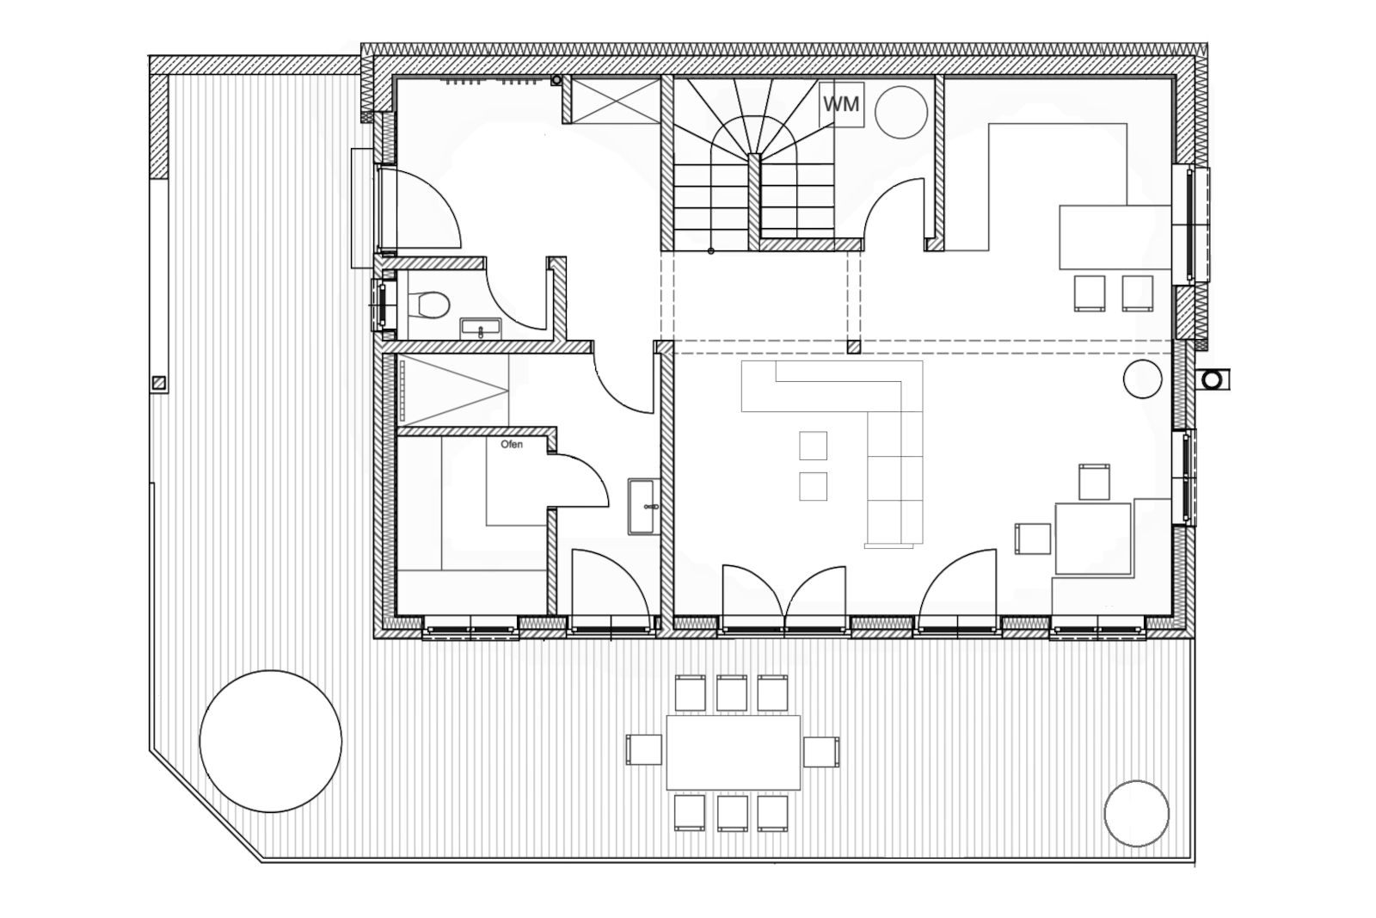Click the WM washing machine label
pyautogui.click(x=841, y=104)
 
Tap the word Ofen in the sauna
pyautogui.click(x=512, y=444)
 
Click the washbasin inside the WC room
pyautogui.click(x=481, y=329)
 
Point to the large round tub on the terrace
pyautogui.click(x=270, y=741)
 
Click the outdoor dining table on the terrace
pyautogui.click(x=734, y=752)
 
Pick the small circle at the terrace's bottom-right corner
pyautogui.click(x=1136, y=814)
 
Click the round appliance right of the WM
pyautogui.click(x=900, y=112)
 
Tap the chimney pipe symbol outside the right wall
pyautogui.click(x=1212, y=379)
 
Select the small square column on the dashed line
pyautogui.click(x=853, y=348)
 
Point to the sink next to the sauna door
pyautogui.click(x=643, y=507)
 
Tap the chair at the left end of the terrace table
pyautogui.click(x=644, y=749)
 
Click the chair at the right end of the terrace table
pyautogui.click(x=821, y=751)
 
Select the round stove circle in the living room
pyautogui.click(x=1143, y=379)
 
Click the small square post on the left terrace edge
pyautogui.click(x=159, y=383)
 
